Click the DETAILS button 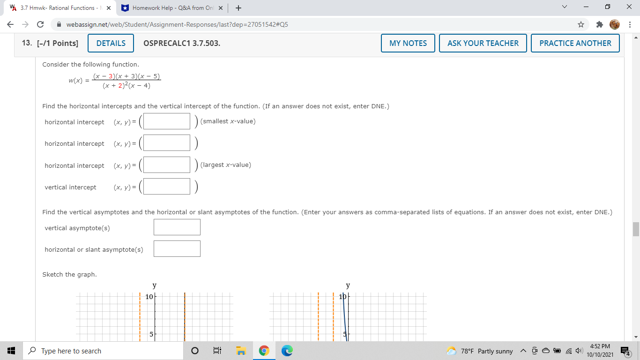pyautogui.click(x=111, y=43)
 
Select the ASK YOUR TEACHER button pyautogui.click(x=483, y=43)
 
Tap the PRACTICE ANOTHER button pyautogui.click(x=575, y=43)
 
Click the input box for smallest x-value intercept pyautogui.click(x=167, y=121)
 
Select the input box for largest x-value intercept pyautogui.click(x=167, y=165)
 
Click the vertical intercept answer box pyautogui.click(x=167, y=187)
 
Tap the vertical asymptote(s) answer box pyautogui.click(x=177, y=227)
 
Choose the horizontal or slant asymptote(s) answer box pyautogui.click(x=177, y=249)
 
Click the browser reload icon pyautogui.click(x=40, y=24)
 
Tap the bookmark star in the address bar pyautogui.click(x=581, y=24)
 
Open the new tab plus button pyautogui.click(x=238, y=8)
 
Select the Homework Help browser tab pyautogui.click(x=171, y=8)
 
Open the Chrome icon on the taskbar pyautogui.click(x=264, y=351)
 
